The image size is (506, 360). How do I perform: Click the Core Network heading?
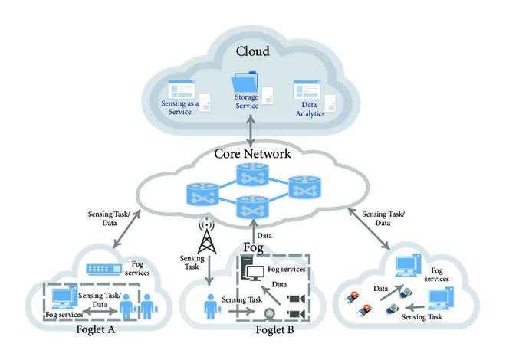(x=252, y=154)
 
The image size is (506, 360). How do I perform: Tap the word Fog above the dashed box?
(x=253, y=249)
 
